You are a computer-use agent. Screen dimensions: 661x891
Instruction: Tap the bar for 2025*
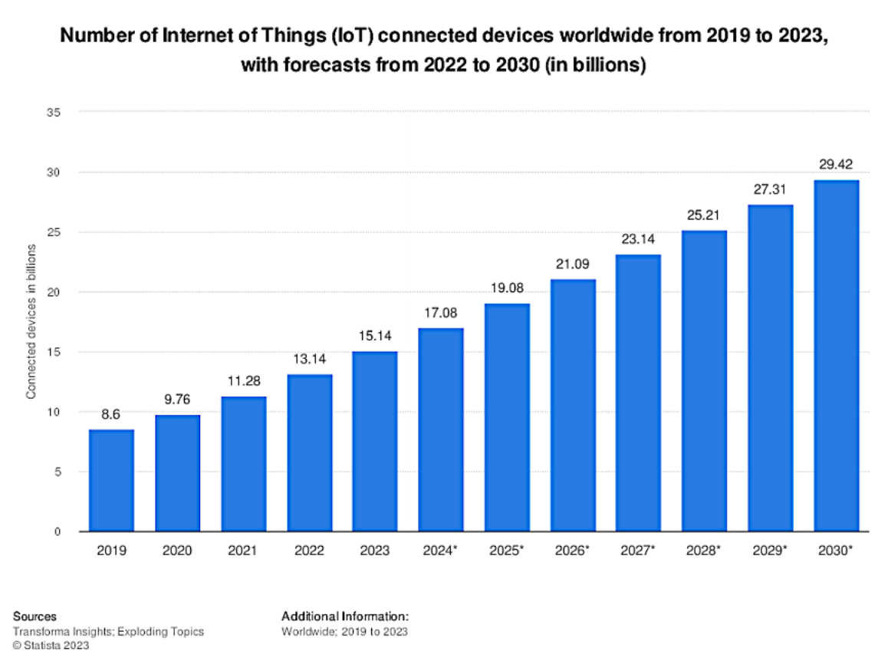tap(507, 418)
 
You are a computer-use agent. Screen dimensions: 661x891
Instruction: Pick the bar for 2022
tap(309, 453)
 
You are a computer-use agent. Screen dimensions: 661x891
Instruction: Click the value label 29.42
tap(836, 164)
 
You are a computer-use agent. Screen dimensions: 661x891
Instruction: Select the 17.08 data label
tap(440, 312)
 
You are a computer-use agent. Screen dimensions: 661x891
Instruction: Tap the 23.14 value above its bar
tap(638, 238)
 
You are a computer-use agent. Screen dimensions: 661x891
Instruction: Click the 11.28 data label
tap(243, 380)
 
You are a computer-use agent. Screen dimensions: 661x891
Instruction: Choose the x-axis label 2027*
tap(639, 551)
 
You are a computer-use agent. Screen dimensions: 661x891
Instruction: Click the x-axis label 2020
tap(177, 551)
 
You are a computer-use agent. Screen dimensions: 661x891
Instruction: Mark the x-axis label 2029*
tap(771, 551)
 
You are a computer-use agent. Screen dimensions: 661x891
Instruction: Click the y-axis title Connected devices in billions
tap(31, 321)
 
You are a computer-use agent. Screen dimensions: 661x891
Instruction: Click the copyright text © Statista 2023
tap(51, 646)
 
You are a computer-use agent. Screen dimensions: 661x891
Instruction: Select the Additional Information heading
tap(345, 617)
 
